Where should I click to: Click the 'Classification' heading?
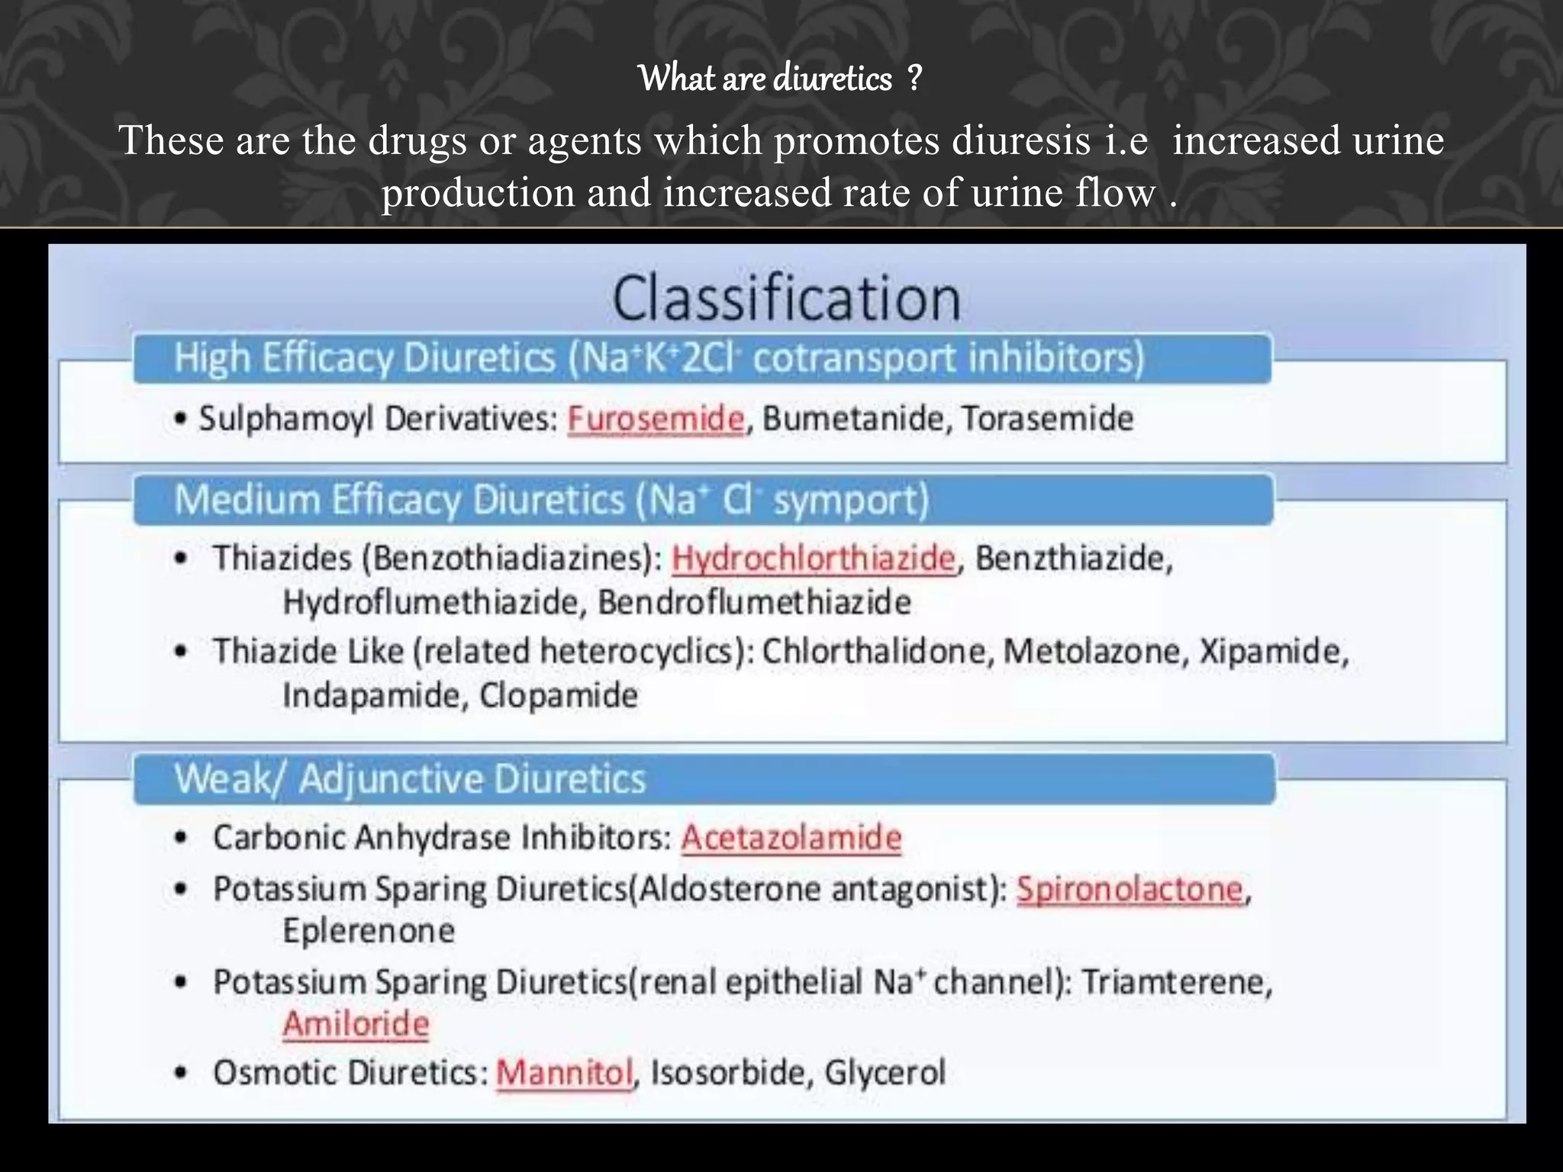tap(786, 298)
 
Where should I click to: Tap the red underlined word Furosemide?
tap(656, 419)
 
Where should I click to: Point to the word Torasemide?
tap(1047, 419)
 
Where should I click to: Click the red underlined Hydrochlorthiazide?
tap(813, 559)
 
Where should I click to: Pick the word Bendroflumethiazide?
tap(754, 603)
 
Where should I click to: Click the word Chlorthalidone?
tap(878, 652)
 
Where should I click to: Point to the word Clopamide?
tap(558, 696)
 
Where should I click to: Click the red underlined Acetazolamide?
tap(791, 838)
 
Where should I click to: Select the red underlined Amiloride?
tap(356, 1024)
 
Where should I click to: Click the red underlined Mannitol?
tap(565, 1073)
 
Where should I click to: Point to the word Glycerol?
tap(885, 1073)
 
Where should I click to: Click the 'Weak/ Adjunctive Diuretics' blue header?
tap(410, 779)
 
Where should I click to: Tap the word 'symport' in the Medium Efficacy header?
tap(849, 501)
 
